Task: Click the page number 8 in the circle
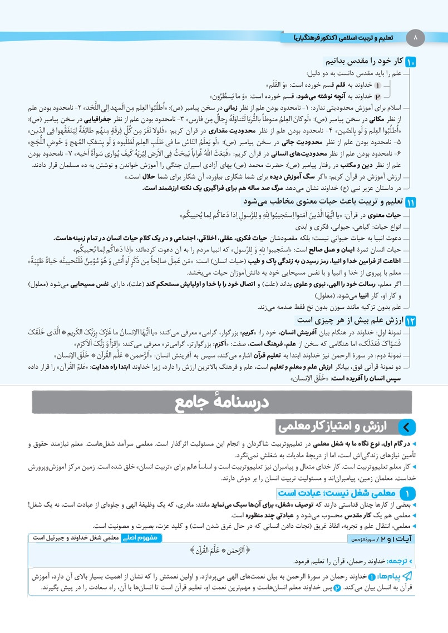pos(415,38)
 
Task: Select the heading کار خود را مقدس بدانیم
pos(365,61)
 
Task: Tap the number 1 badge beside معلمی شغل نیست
pos(407,493)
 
